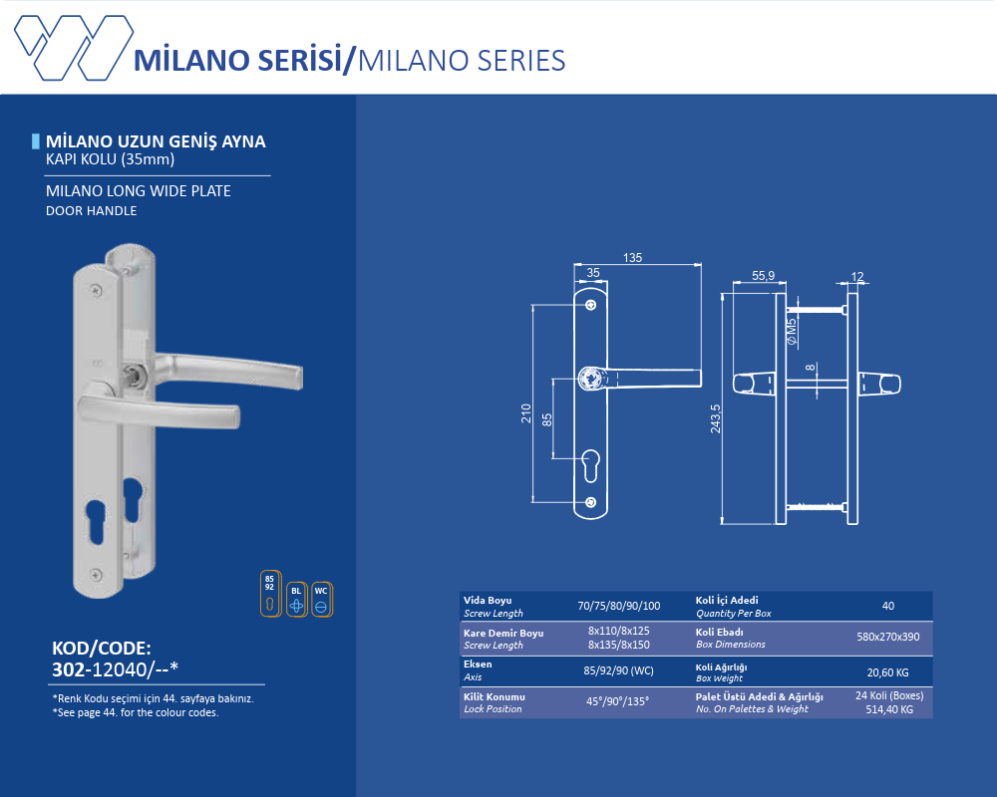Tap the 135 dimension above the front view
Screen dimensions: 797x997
pyautogui.click(x=632, y=258)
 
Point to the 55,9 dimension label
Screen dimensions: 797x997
pyautogui.click(x=764, y=276)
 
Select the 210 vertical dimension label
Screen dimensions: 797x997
pyautogui.click(x=525, y=413)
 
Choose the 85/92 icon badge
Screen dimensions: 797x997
pyautogui.click(x=269, y=594)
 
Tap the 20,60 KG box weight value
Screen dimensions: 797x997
pyautogui.click(x=887, y=672)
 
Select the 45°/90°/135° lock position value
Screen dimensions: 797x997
pyautogui.click(x=618, y=701)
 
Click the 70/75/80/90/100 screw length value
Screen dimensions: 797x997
pyautogui.click(x=618, y=606)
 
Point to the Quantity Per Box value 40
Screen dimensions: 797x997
pyautogui.click(x=887, y=606)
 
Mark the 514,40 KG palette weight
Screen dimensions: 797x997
pyautogui.click(x=887, y=708)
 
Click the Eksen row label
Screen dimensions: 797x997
pyautogui.click(x=478, y=664)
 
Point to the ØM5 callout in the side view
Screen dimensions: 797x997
pyautogui.click(x=791, y=331)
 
